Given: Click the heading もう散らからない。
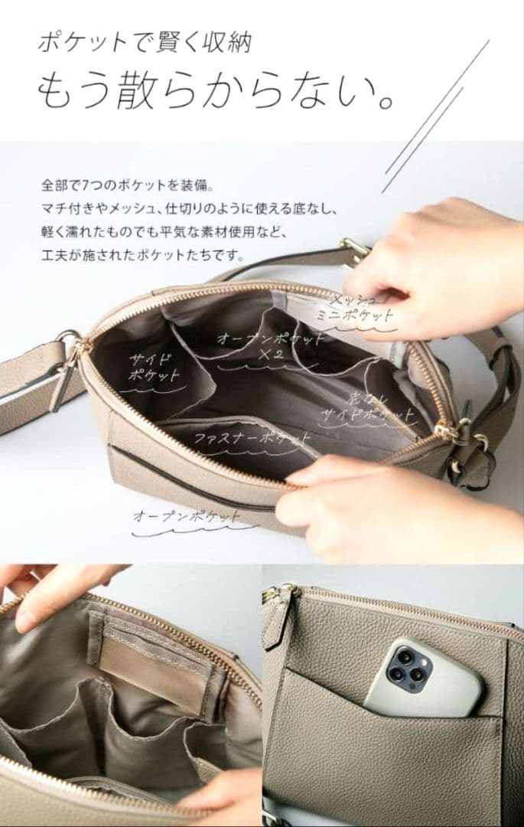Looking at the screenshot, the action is coord(216,90).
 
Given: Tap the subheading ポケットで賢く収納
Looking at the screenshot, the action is coord(145,43).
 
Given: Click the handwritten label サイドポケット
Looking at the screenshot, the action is coord(154,368).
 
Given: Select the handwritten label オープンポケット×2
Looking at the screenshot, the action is coord(270,345).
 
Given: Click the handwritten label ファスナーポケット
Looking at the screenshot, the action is coord(252,438).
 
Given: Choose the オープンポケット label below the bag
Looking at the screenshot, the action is coord(187,516).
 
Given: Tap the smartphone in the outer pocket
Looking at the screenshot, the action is coord(424,677).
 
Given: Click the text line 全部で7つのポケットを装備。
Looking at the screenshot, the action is coord(128,185).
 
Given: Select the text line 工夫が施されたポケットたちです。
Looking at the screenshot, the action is coord(143,256).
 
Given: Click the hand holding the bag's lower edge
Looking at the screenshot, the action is coord(400,506).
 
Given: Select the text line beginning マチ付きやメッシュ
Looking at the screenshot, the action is coord(189,209).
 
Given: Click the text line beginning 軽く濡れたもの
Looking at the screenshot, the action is coord(163,232).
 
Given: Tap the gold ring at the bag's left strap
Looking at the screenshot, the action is coord(68,338).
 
